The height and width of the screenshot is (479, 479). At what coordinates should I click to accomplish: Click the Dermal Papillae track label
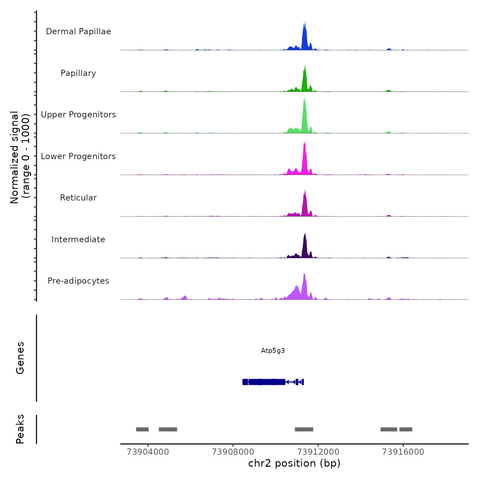click(x=78, y=31)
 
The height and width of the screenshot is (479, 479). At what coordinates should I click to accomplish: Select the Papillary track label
click(x=78, y=73)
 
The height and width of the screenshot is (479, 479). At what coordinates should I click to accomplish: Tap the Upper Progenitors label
click(x=78, y=115)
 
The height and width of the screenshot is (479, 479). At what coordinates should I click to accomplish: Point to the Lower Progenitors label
click(x=78, y=156)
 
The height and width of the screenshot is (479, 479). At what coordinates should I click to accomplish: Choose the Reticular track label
click(x=78, y=198)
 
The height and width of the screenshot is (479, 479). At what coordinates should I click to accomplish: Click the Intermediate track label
click(x=78, y=239)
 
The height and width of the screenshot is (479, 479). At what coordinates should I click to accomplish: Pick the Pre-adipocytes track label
click(x=78, y=281)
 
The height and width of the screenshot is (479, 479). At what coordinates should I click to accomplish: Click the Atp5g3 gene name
click(x=273, y=350)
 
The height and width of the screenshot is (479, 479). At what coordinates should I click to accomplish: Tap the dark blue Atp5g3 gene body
click(x=267, y=382)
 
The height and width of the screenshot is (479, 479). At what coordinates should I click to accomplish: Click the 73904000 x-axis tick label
click(x=148, y=452)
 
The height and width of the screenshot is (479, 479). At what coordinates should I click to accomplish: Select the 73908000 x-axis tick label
click(x=233, y=452)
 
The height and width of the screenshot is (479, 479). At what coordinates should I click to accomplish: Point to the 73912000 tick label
click(x=318, y=452)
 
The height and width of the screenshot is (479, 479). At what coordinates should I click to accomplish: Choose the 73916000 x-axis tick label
click(x=403, y=452)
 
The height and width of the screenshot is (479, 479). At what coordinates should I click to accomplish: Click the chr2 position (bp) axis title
click(x=294, y=463)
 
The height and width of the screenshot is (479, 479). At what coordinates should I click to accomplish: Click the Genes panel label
click(x=20, y=358)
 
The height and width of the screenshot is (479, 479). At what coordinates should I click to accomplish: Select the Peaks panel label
click(x=20, y=429)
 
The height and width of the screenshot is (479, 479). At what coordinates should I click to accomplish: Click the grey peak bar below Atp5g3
click(x=304, y=429)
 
